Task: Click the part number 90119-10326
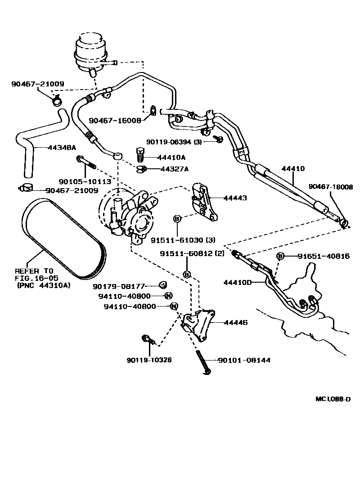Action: [149, 360]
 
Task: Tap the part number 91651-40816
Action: [323, 256]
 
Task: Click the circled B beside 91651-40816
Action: [280, 256]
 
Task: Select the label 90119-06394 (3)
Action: [174, 141]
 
